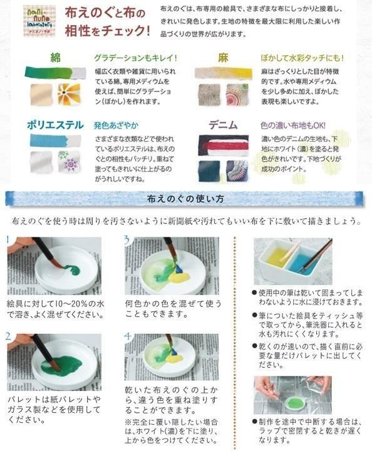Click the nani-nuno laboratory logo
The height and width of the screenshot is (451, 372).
pos(39,21)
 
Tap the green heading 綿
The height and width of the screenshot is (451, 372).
pos(55,58)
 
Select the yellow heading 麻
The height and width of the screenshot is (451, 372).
pos(223,58)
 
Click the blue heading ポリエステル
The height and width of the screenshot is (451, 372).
pos(55,125)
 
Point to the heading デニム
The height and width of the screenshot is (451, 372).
pos(223,125)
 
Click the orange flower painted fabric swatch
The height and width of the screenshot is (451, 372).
pos(69,94)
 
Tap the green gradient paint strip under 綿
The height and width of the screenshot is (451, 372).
pos(56,73)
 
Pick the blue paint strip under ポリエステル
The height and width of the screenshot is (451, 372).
pos(56,140)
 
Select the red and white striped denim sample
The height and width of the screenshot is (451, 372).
pos(224,145)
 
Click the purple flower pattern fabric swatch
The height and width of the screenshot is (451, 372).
pos(69,162)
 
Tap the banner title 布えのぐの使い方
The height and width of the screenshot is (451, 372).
pos(185,199)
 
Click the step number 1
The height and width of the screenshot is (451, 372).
pos(8,239)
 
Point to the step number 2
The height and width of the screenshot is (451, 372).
pos(8,336)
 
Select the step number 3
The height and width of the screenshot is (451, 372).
pos(127,239)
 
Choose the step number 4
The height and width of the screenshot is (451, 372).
pos(127,336)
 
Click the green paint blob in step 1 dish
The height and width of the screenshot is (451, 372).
pos(72,269)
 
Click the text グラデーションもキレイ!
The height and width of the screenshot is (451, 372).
pos(135,58)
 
